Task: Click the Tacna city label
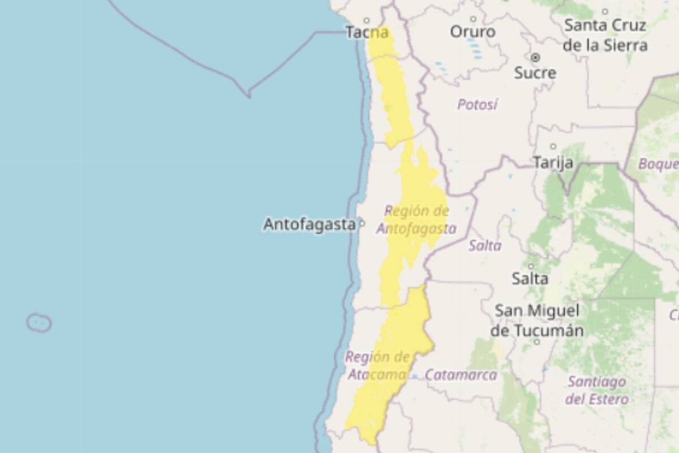tap(367, 33)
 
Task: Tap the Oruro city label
tap(472, 32)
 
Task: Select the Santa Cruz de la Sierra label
tap(605, 35)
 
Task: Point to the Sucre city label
tap(535, 72)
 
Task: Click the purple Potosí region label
tap(477, 105)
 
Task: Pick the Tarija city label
tap(553, 163)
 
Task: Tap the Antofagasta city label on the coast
tap(309, 225)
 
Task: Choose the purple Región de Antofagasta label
tap(416, 220)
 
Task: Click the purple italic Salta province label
tap(485, 246)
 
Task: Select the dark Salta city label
tap(530, 279)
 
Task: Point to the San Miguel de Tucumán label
tap(536, 320)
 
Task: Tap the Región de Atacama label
tap(377, 366)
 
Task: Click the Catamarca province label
tap(461, 375)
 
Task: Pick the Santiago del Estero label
tap(596, 390)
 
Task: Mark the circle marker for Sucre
tap(535, 57)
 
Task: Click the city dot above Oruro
tap(473, 19)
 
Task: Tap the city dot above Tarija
tap(553, 147)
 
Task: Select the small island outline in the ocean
tap(39, 323)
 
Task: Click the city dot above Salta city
tap(531, 266)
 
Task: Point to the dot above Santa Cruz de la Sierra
tap(605, 11)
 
